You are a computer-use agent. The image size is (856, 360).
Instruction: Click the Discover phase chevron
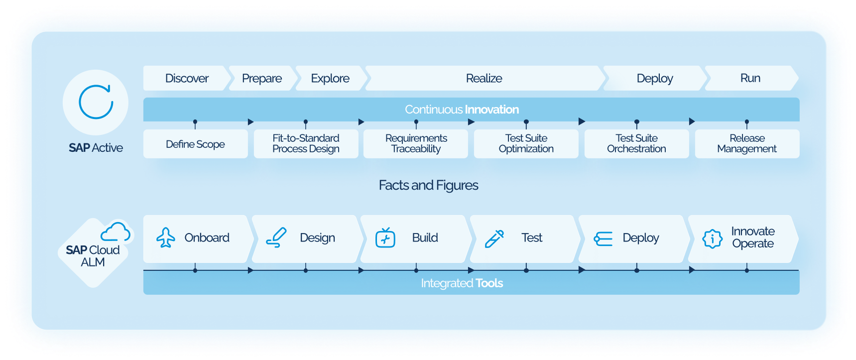[187, 78]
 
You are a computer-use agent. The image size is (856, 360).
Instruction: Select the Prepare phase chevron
[262, 78]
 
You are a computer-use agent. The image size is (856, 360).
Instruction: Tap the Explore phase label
[330, 78]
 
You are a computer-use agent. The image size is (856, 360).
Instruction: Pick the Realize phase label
[484, 78]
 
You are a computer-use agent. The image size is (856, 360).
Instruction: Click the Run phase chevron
[750, 78]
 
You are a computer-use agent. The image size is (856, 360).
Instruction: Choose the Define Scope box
[195, 144]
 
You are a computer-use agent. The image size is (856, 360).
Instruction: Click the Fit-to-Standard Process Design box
[306, 143]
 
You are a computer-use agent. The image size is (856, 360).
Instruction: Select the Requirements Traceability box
[416, 143]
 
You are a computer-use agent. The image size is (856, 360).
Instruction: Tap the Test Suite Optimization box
[526, 143]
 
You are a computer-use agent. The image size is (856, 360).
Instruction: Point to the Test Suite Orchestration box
[636, 143]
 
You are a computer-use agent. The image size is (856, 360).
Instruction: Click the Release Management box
[747, 143]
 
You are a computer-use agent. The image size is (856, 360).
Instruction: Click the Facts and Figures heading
[428, 185]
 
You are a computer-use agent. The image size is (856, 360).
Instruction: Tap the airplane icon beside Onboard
[166, 238]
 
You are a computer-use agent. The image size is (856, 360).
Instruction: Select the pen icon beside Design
[276, 238]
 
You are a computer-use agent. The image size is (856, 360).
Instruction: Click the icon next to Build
[385, 238]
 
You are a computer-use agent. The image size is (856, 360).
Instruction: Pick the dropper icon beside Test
[494, 239]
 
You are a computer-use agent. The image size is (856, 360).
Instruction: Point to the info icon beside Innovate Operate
[712, 239]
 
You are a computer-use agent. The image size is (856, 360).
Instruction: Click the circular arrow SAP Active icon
[96, 102]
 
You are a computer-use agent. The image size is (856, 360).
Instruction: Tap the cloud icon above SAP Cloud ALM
[116, 232]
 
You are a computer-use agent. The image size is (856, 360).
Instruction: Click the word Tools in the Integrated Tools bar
[489, 283]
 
